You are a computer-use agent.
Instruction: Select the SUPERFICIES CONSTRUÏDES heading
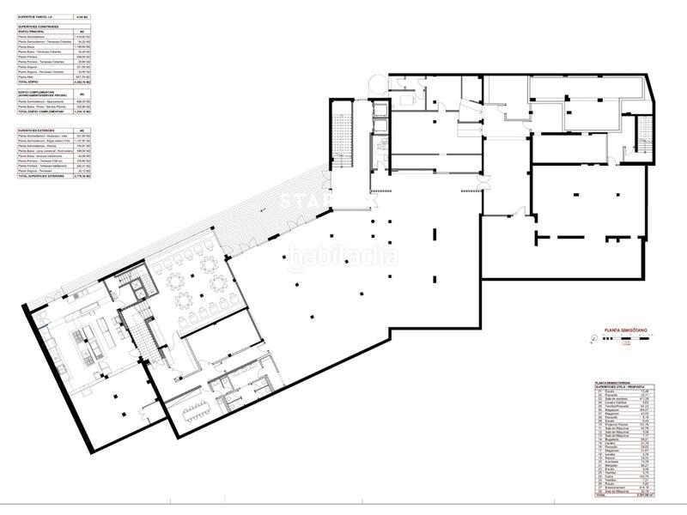(43, 27)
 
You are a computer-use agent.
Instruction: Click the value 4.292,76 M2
(82, 82)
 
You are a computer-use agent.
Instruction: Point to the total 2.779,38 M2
(82, 177)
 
